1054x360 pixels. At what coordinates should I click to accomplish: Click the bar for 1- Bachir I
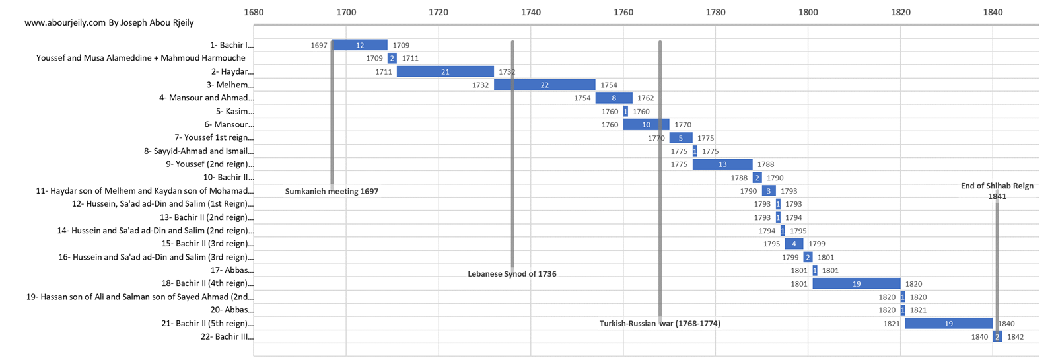coord(360,45)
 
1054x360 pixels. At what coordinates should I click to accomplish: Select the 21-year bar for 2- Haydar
coord(445,71)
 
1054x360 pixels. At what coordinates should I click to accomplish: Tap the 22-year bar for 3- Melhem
coord(544,85)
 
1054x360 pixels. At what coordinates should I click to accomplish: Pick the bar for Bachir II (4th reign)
coord(856,283)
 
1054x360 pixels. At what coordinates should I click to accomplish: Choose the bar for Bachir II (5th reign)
coord(948,323)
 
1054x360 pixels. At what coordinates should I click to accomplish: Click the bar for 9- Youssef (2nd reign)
coord(722,164)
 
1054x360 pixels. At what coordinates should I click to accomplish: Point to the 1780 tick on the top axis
coord(715,12)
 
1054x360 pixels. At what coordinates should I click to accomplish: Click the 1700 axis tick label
coord(346,12)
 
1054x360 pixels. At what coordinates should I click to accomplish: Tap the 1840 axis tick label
coord(993,12)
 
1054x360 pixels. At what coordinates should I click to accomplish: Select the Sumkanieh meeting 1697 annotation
coord(332,191)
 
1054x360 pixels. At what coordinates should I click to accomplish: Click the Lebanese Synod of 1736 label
coord(512,274)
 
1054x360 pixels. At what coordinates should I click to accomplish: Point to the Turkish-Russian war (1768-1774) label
coord(660,324)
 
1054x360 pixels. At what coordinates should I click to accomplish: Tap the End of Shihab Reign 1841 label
coord(997,191)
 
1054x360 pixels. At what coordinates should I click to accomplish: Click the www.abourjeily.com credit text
coord(109,22)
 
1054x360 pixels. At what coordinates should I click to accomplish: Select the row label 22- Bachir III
coord(227,336)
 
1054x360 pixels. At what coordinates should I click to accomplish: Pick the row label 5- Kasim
coord(234,111)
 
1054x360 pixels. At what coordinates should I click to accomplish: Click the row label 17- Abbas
coord(232,270)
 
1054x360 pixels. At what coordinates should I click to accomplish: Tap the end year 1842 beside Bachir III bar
coord(1015,337)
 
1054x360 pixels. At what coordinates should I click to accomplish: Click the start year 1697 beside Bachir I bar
coord(319,46)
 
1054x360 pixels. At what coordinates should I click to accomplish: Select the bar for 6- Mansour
coord(646,124)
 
